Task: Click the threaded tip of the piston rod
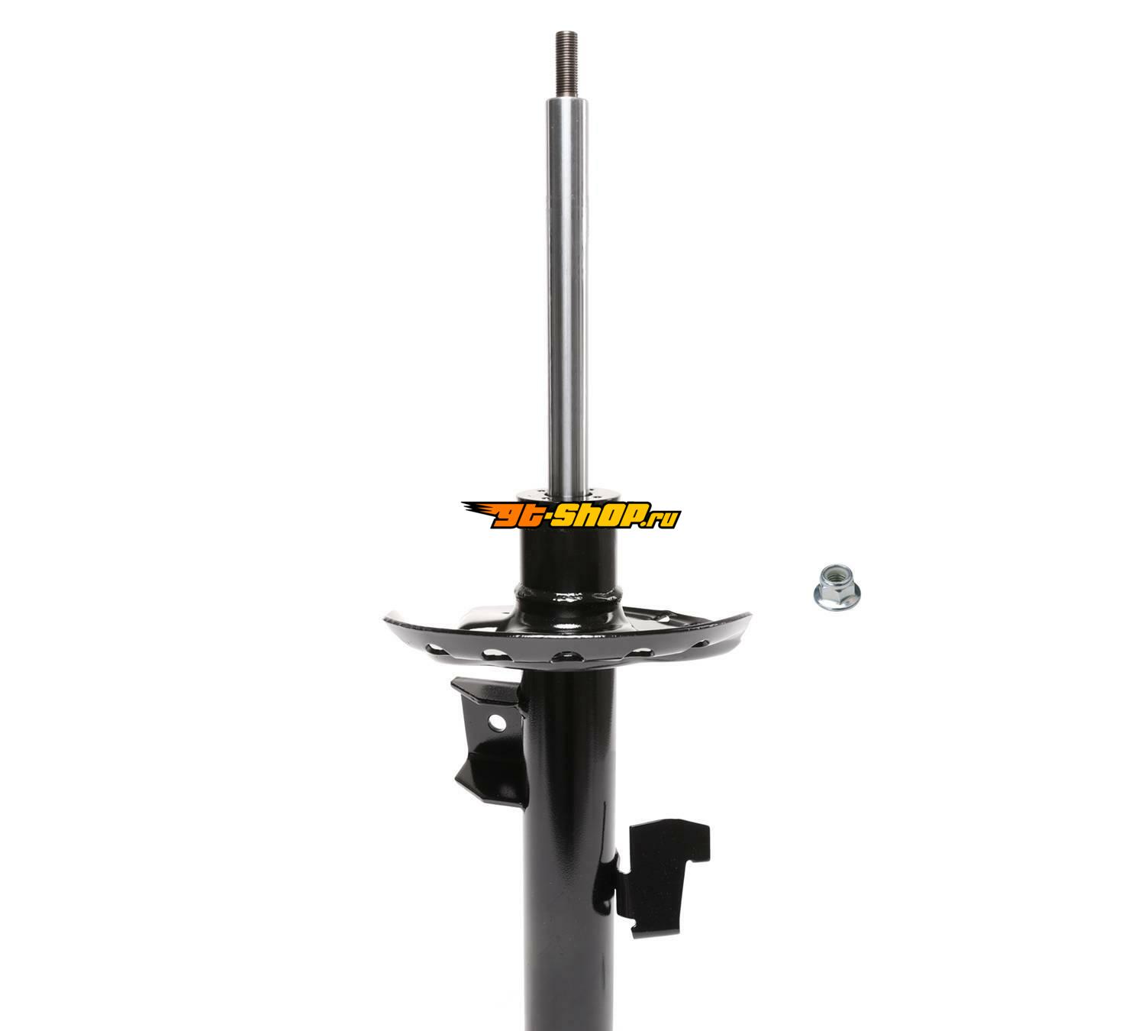click(567, 66)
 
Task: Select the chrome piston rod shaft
click(567, 294)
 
